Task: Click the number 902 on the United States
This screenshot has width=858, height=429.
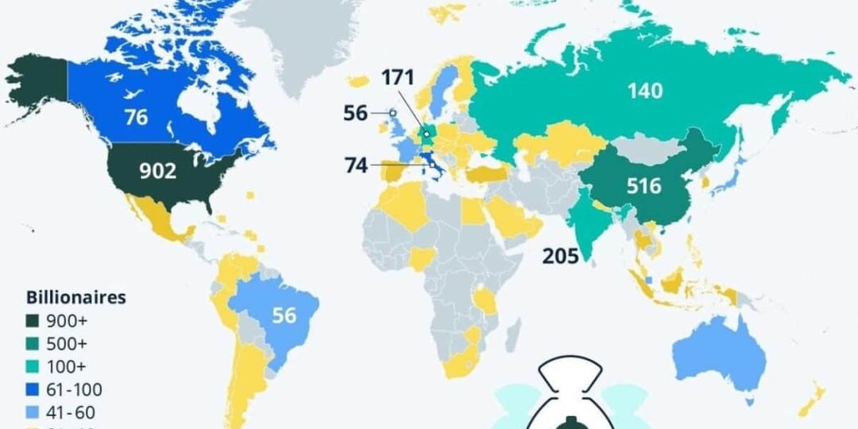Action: [157, 172]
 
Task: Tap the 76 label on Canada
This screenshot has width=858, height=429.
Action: [136, 117]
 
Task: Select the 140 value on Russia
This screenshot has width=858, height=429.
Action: [644, 91]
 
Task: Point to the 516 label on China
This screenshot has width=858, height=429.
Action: [643, 186]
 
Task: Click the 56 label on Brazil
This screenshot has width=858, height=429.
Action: [284, 315]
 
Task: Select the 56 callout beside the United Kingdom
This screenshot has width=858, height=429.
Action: [357, 113]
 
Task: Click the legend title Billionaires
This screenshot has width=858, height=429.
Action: [76, 299]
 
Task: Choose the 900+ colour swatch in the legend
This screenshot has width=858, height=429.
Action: [33, 322]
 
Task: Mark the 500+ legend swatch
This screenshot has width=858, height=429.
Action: [33, 345]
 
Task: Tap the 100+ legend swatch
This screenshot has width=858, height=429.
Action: [33, 367]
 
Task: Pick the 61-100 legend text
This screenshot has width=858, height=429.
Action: [75, 390]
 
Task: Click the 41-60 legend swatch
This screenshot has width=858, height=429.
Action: [33, 412]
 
